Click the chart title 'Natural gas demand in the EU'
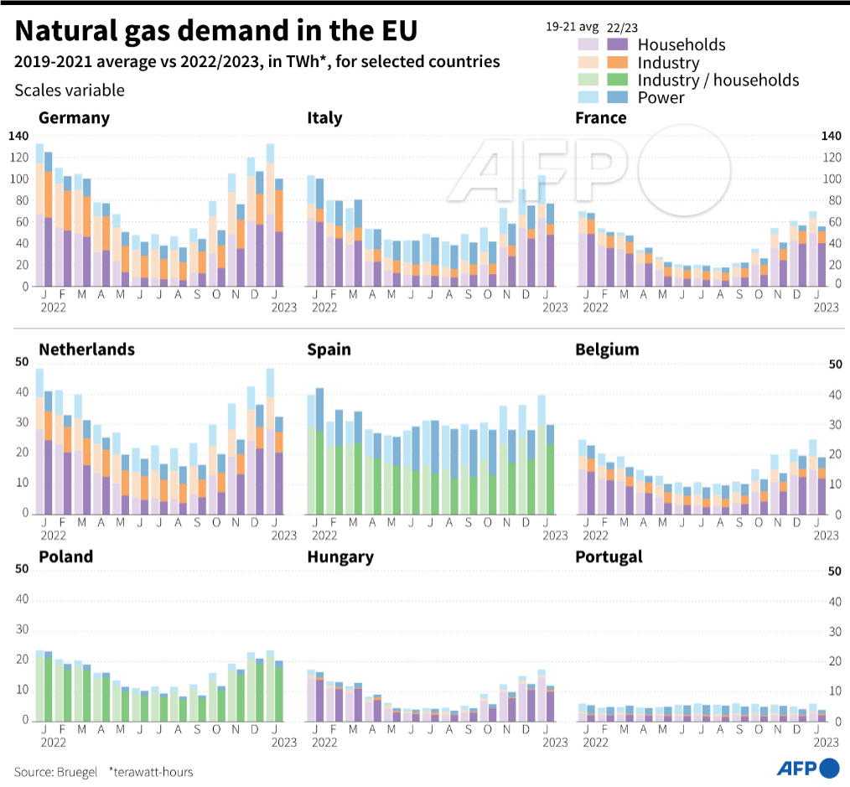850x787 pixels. click(215, 30)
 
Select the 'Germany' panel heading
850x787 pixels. click(75, 117)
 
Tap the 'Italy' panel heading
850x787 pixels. click(324, 117)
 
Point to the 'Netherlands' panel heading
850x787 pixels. click(86, 349)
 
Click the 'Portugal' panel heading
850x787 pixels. click(609, 557)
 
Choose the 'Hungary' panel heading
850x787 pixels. click(340, 557)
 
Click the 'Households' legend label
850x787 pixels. click(682, 44)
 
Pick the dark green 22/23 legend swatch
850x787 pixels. click(618, 80)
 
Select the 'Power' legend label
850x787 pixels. click(661, 97)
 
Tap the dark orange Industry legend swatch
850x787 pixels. click(618, 62)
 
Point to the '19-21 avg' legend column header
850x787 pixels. click(572, 27)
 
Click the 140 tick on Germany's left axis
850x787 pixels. click(18, 136)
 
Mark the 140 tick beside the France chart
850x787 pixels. click(832, 136)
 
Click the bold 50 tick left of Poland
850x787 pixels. click(22, 568)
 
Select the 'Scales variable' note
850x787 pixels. click(70, 90)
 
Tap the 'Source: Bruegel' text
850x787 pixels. click(56, 772)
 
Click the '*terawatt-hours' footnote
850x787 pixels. click(151, 772)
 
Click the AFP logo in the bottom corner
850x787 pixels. click(808, 768)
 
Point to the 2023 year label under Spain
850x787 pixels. click(555, 536)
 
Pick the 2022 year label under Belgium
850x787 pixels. click(595, 536)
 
